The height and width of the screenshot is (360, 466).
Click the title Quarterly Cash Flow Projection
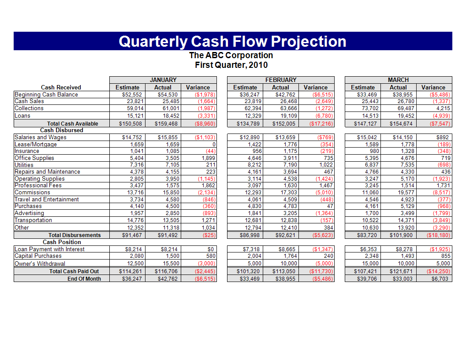pos(232,41)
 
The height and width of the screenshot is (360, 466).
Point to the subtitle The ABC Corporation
pos(231,56)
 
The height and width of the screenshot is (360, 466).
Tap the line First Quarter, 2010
pos(231,65)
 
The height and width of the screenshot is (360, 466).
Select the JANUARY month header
pos(163,80)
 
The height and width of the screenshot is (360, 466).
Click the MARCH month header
pos(398,80)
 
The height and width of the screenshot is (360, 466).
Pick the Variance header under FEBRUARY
pos(316,87)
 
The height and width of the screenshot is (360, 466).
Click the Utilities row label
pos(24,165)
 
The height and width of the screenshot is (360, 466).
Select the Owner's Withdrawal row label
pos(40,264)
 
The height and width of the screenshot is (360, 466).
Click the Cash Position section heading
pos(62,242)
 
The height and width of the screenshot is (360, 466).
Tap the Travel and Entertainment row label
pos(47,200)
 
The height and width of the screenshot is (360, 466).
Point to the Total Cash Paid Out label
pos(74,271)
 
